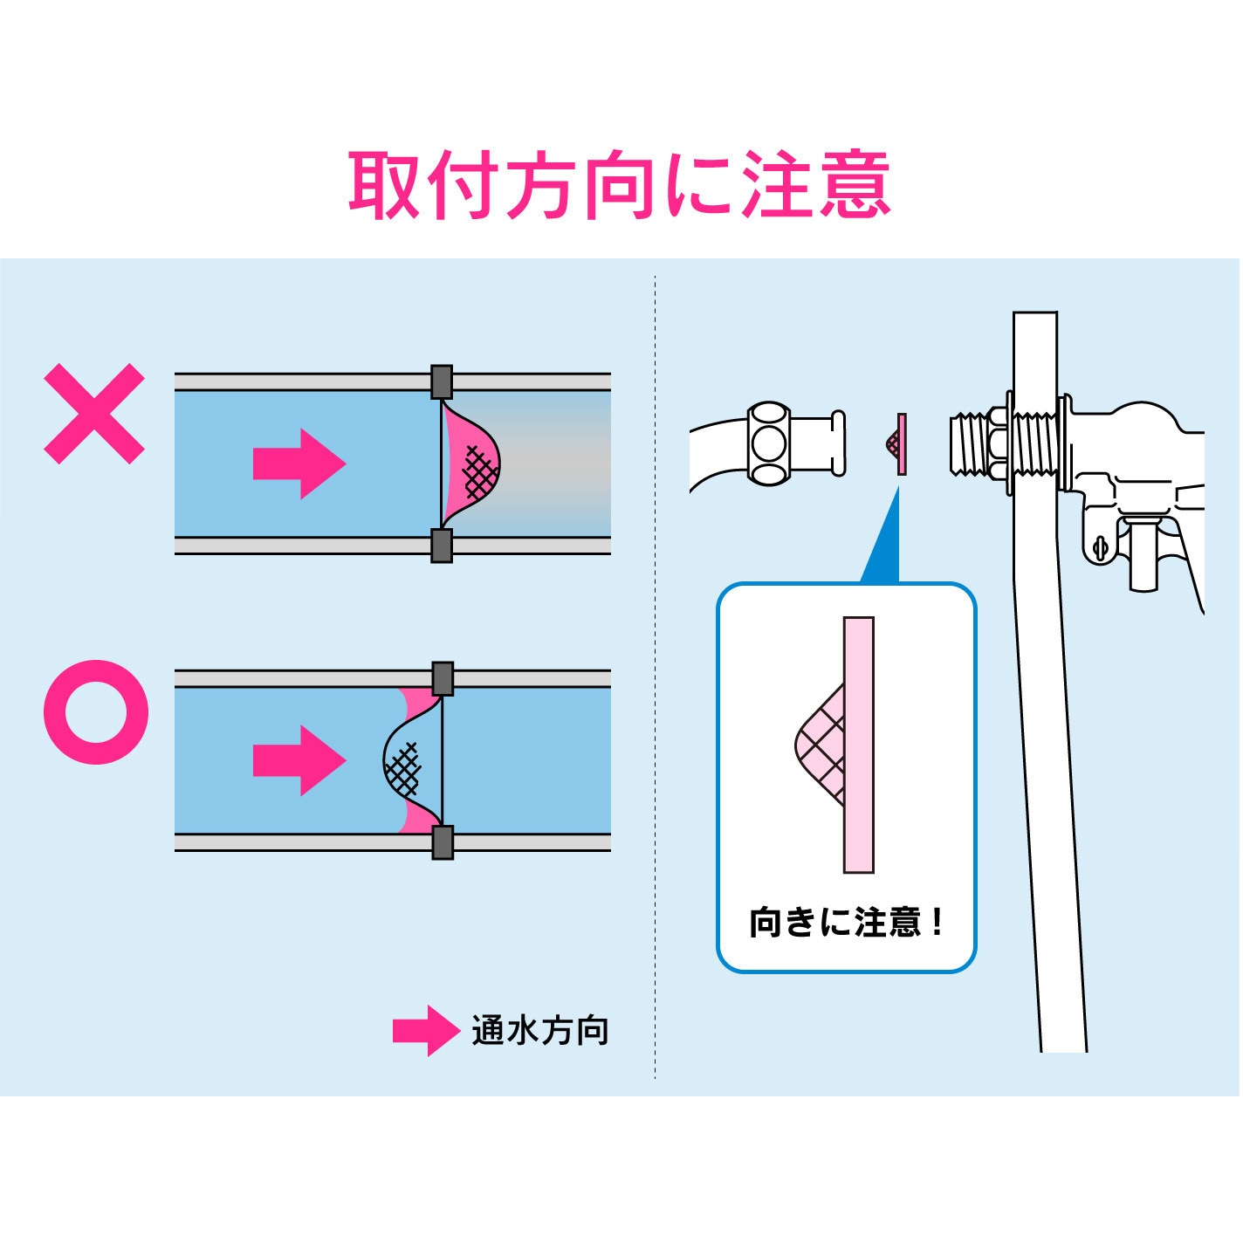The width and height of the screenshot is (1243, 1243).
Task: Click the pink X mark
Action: [94, 414]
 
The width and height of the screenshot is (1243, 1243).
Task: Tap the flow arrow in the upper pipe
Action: [299, 464]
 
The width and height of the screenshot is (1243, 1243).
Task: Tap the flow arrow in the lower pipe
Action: [299, 761]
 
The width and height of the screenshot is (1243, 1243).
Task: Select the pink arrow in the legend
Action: [426, 1031]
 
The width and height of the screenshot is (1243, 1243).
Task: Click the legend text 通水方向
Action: [540, 1031]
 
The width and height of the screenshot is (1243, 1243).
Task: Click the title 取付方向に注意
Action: [620, 184]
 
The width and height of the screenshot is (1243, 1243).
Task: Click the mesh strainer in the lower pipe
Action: [413, 760]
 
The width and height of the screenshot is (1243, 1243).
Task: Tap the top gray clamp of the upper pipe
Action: [442, 381]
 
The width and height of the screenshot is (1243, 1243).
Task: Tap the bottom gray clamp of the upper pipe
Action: [442, 546]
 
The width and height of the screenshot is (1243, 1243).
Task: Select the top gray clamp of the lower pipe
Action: [443, 678]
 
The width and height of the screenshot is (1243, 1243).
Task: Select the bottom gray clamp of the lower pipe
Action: [443, 842]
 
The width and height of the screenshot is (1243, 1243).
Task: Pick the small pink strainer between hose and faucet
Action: [896, 443]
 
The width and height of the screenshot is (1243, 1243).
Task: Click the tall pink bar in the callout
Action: [859, 745]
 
